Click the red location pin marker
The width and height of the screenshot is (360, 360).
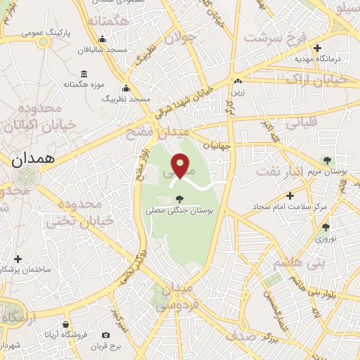click(181, 165)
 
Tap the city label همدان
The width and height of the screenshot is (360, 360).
click(33, 159)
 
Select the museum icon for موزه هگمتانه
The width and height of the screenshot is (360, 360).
click(84, 74)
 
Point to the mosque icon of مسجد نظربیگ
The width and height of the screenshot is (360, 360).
click(127, 89)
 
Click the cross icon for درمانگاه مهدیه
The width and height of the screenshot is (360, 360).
click(318, 49)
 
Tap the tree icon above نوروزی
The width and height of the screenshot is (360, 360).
click(325, 227)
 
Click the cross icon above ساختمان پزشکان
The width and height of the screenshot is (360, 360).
click(18, 259)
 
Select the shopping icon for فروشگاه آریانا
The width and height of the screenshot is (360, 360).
click(66, 324)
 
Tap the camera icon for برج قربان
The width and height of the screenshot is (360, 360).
click(105, 335)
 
